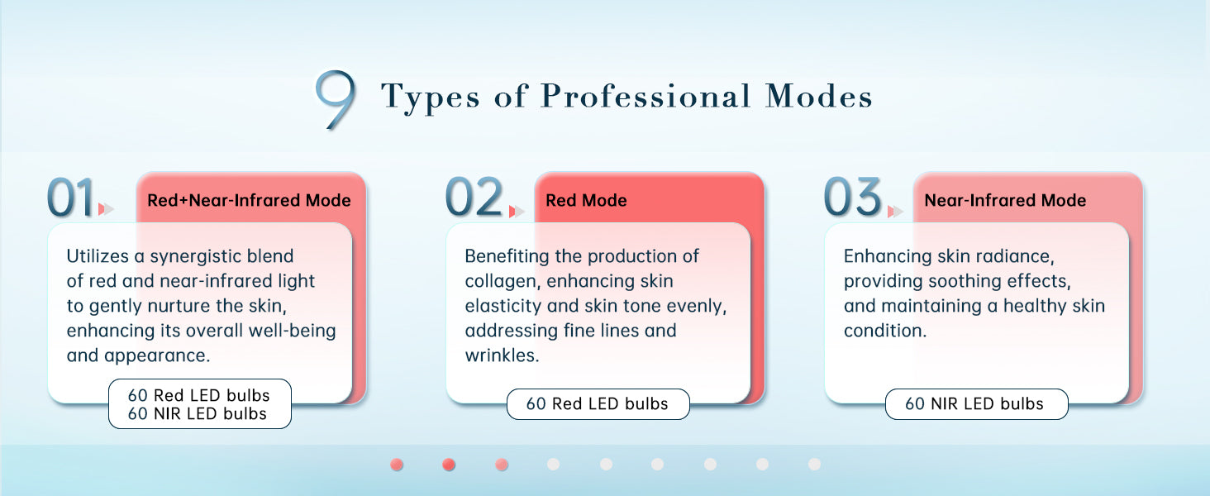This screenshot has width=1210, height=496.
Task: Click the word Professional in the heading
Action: [645, 96]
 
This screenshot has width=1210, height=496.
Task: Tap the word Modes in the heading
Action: [819, 96]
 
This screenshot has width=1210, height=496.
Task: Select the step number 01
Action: [70, 198]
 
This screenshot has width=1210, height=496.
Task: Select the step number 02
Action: [474, 197]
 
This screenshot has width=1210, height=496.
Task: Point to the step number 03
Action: [852, 197]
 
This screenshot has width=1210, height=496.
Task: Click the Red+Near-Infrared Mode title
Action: [249, 200]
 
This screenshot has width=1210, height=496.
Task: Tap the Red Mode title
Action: [586, 200]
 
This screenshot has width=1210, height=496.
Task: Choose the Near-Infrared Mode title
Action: [1005, 200]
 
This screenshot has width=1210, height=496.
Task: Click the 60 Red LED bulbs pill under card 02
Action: [598, 404]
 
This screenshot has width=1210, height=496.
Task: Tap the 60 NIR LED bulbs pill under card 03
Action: [977, 404]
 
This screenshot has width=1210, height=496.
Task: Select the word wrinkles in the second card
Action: [502, 355]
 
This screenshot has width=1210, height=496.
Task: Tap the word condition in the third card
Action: [885, 331]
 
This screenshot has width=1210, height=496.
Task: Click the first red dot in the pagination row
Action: [397, 465]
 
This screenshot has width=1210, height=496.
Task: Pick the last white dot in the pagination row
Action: [814, 465]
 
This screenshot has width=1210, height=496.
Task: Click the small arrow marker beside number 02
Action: [517, 212]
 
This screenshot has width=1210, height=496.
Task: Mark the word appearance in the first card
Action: [157, 356]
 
